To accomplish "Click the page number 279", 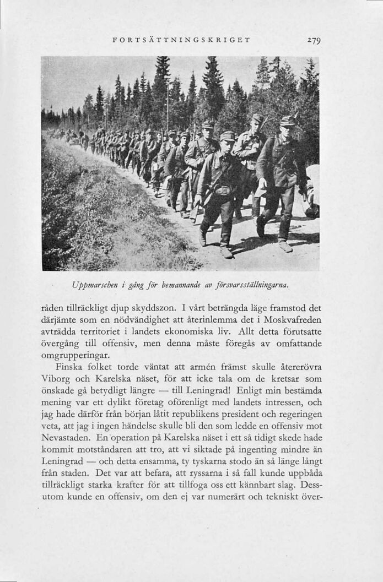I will coord(314,40).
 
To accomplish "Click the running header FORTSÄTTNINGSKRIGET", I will coord(181,40).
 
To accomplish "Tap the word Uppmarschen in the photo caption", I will coord(95,286).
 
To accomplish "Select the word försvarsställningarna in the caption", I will coord(256,286).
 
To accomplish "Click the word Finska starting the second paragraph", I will coord(69,367).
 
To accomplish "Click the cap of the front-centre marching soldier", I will coord(227,135).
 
